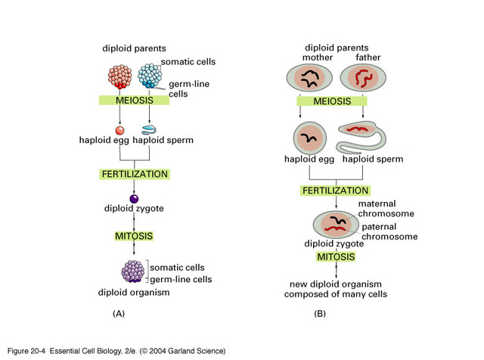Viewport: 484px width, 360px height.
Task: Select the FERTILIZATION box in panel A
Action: tap(135, 174)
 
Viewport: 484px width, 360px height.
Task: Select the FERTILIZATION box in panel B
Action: tap(335, 191)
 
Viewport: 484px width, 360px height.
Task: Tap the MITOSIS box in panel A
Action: tap(135, 236)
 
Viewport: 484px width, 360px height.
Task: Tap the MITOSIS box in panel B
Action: tap(336, 258)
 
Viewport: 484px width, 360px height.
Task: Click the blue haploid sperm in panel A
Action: tap(149, 129)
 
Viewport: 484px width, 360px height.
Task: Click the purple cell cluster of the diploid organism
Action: tap(135, 271)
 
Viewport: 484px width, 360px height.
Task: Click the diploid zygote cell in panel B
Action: tap(336, 224)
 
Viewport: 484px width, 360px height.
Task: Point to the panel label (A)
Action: tap(119, 312)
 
